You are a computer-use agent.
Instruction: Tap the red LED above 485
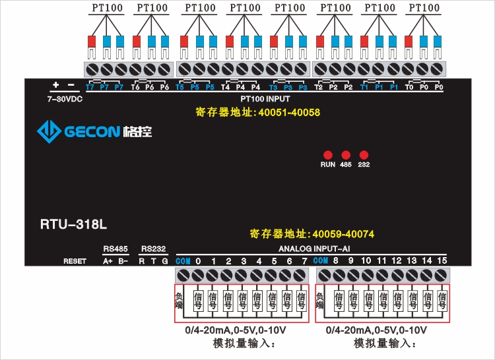pos(345,155)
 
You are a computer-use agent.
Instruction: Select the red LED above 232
pos(363,155)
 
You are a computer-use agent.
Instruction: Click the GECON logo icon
pos(48,131)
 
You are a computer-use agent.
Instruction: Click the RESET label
pos(75,261)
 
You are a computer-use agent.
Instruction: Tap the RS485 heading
pos(115,249)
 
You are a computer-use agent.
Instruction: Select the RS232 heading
pos(153,249)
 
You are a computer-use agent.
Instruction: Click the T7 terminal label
pos(90,87)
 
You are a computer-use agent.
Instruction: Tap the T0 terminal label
pos(409,87)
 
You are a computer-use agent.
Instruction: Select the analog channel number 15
pos(442,261)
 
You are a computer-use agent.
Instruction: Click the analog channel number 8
pos(336,261)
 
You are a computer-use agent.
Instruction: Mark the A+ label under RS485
pos(108,261)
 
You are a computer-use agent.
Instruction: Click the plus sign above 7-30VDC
pos(55,85)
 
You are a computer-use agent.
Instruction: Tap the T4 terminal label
pos(225,87)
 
